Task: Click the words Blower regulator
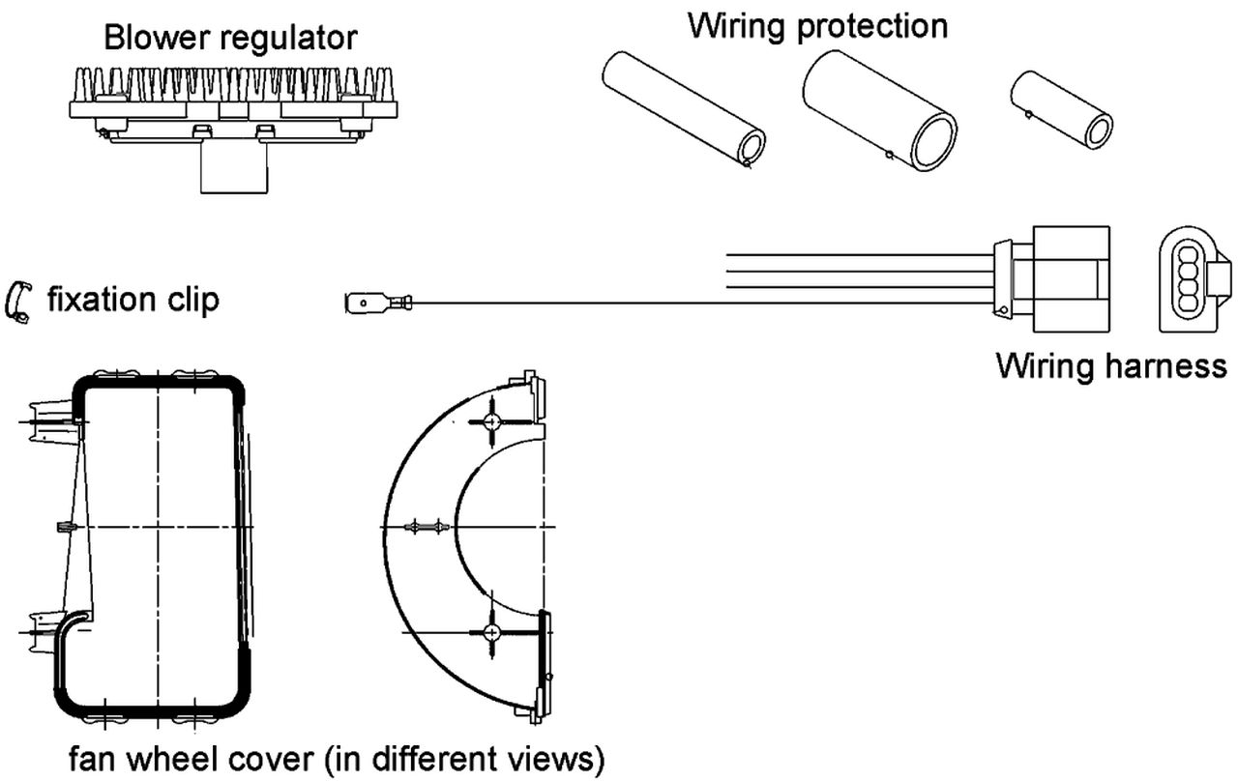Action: (230, 38)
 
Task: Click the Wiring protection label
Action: (817, 25)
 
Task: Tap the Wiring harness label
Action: (1111, 366)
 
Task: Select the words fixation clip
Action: (133, 300)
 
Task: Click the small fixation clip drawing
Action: (19, 302)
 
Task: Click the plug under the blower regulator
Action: (232, 168)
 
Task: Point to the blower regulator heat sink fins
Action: (232, 85)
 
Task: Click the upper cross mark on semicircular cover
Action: (492, 422)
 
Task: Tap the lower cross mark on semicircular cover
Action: (492, 631)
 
